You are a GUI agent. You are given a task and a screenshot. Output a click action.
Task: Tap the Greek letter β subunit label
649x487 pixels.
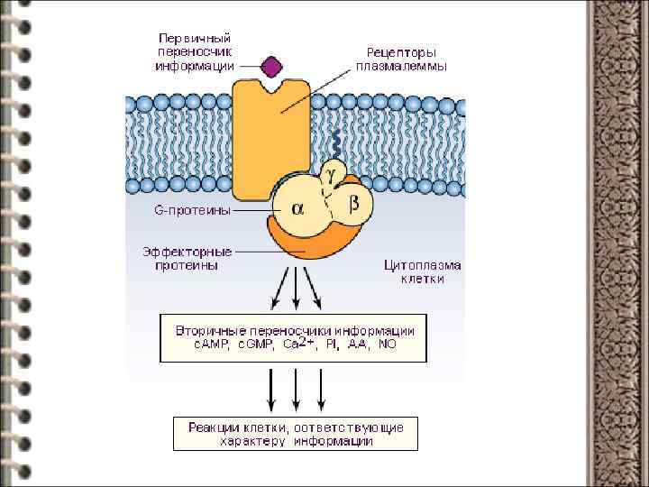click(354, 204)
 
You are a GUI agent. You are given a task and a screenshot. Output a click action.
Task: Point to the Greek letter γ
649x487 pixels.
click(331, 169)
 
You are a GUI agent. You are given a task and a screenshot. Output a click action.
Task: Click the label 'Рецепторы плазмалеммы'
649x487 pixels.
click(400, 60)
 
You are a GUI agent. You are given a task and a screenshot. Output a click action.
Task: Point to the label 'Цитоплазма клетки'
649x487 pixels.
click(422, 272)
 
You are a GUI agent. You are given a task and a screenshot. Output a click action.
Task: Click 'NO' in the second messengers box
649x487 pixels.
click(388, 345)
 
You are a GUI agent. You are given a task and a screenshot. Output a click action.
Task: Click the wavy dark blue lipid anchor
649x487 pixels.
click(335, 142)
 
